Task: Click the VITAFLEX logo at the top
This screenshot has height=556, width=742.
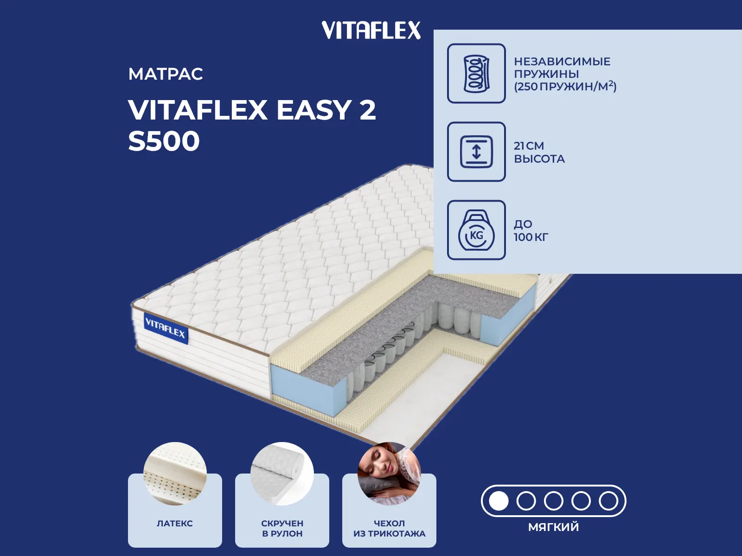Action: coord(371,31)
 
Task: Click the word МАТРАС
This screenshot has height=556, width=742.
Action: coord(166,74)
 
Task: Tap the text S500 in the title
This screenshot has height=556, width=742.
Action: coord(164,141)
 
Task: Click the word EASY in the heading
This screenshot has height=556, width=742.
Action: coord(313,110)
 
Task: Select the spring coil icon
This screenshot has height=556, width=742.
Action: coord(476,74)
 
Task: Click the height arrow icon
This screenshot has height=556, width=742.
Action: coord(476,152)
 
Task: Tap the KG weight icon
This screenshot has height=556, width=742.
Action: coord(476,231)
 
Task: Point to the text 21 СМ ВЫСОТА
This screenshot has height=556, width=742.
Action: coord(539,152)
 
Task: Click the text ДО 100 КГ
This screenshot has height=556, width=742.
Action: coord(531,230)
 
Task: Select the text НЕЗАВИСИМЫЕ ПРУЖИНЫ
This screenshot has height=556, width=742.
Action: coord(562,68)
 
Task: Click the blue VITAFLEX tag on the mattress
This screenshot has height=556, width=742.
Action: coord(166,329)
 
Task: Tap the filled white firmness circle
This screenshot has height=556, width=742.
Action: coord(499,501)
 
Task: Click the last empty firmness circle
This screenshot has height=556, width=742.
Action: coord(608,501)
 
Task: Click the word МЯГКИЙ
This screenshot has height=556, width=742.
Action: coord(553,527)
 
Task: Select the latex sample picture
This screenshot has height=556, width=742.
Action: coord(175,474)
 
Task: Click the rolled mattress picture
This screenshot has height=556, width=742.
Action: coord(282,474)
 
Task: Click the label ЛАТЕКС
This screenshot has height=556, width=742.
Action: coord(175,524)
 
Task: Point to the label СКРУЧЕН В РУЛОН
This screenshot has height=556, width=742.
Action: coord(282,528)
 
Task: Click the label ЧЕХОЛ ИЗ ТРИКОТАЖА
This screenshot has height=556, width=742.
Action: coord(389,528)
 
